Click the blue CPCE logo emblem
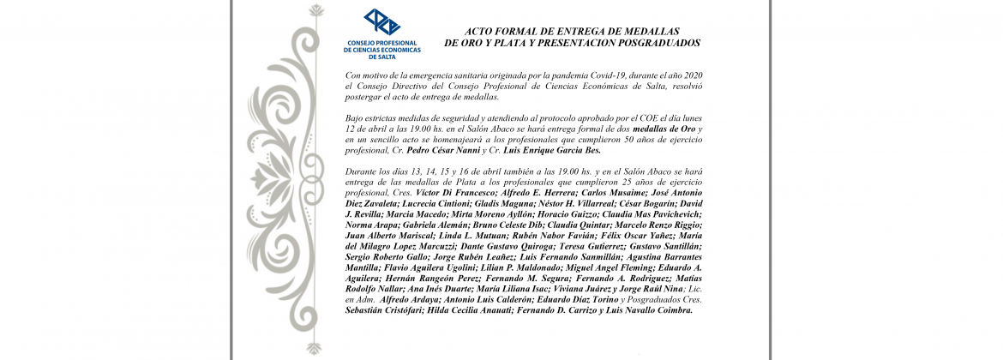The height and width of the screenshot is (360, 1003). (x=381, y=22)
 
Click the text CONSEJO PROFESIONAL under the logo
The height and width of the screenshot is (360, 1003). (x=381, y=42)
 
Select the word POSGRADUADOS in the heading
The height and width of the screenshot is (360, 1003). (x=658, y=42)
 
